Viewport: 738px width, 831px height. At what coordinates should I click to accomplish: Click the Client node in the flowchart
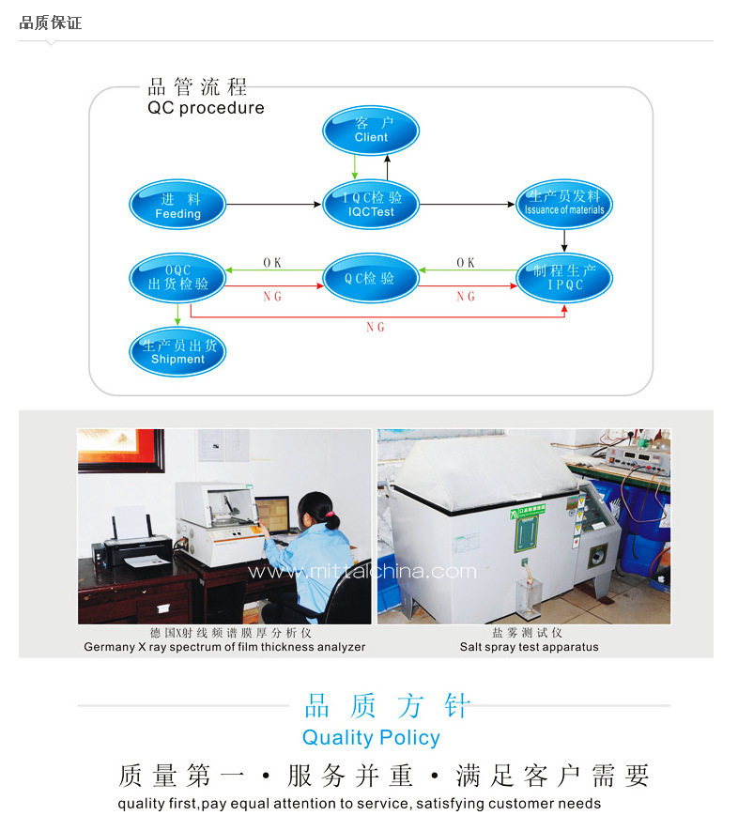(371, 131)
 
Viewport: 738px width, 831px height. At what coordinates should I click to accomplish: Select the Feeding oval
(177, 206)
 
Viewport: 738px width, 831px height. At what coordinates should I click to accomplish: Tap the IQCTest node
(371, 205)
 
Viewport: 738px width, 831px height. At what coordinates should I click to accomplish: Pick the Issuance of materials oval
(564, 204)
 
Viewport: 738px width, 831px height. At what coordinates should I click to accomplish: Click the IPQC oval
(564, 278)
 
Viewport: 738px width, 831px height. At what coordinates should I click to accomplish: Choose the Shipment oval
(177, 351)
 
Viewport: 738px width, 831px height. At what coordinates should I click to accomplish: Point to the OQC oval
(178, 277)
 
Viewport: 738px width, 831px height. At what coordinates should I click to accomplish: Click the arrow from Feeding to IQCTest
(272, 205)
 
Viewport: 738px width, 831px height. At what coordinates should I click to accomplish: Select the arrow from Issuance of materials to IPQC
(564, 240)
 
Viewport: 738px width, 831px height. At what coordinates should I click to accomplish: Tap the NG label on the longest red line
(376, 328)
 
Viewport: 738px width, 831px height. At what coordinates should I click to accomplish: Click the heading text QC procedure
(206, 108)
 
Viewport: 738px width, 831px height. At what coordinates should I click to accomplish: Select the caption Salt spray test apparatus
(529, 647)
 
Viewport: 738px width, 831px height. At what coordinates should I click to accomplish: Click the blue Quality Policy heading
(371, 737)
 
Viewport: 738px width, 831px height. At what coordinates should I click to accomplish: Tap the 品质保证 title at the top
(51, 23)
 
